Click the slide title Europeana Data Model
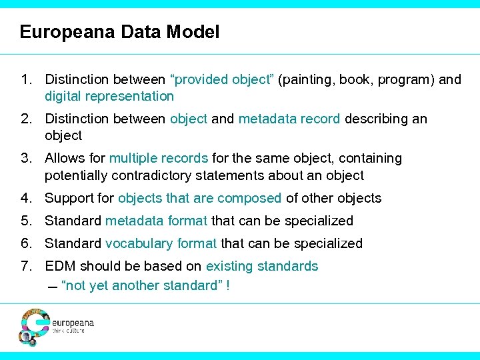tap(119, 31)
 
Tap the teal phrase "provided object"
tap(223, 80)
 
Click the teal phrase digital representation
tap(109, 96)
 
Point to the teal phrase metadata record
tap(289, 119)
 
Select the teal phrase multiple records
tap(159, 158)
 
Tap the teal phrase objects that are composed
tap(200, 198)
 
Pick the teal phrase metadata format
tap(157, 221)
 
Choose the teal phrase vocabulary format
tap(161, 243)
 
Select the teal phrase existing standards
tap(262, 266)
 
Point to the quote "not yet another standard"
tap(142, 285)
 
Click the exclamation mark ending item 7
tap(229, 285)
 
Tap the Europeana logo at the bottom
tap(56, 326)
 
